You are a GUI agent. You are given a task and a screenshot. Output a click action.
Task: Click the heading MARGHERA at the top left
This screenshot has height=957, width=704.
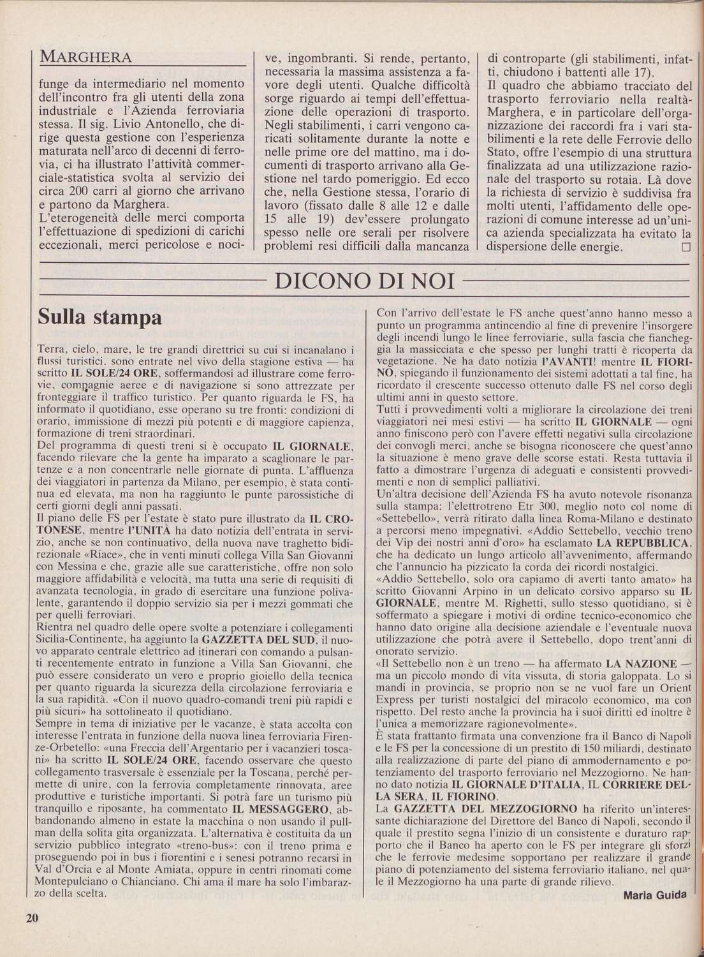coord(86,57)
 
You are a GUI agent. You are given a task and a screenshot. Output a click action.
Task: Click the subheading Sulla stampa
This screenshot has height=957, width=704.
coord(100,317)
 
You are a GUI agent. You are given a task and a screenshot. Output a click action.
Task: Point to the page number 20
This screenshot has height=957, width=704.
coord(33,918)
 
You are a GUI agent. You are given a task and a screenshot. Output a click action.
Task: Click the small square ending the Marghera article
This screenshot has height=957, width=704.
coord(686,247)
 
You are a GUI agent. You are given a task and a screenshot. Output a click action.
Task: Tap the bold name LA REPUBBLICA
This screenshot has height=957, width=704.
coord(643,543)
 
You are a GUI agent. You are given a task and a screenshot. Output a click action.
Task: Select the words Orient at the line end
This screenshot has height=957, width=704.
coord(673,689)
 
